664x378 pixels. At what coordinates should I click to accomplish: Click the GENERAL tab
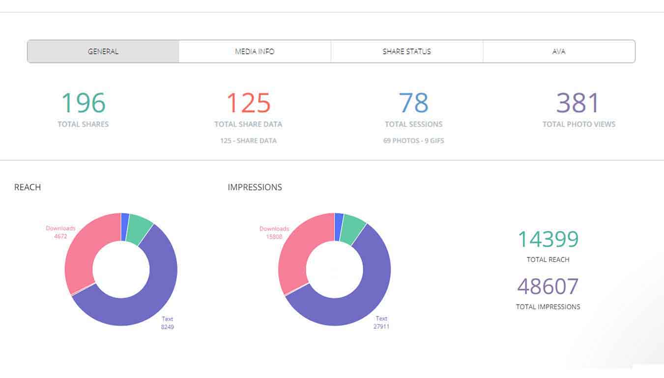point(103,51)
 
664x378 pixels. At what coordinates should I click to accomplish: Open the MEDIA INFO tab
point(255,51)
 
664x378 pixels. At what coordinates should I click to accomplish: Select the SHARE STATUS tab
point(407,51)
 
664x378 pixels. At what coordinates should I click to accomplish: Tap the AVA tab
point(559,51)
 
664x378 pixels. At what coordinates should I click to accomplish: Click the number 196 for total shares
point(83,103)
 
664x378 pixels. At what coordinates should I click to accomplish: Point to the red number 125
point(248,103)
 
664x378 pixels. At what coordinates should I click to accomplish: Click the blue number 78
point(413,103)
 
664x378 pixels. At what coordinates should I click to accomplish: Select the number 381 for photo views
point(578,103)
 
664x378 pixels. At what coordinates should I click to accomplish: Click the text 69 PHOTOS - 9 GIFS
point(413,141)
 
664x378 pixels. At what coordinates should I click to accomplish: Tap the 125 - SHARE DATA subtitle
point(248,141)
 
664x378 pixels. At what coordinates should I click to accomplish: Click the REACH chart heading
point(28,187)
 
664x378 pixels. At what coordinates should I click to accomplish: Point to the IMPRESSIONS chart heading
point(255,187)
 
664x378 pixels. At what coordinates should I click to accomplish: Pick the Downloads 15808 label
point(274,232)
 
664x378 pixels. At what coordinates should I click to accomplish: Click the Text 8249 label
point(168,323)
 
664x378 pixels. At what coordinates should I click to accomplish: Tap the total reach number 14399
point(548,240)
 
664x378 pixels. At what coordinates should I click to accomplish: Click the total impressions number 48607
point(548,286)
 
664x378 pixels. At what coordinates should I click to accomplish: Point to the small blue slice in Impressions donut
point(339,227)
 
